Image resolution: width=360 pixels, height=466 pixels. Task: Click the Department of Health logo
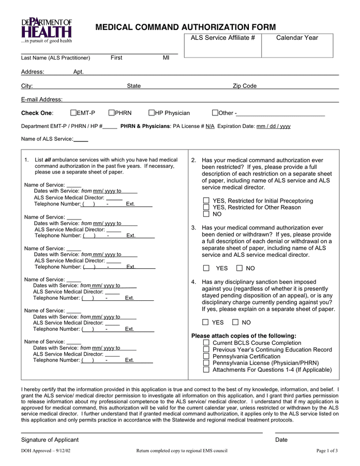tap(47, 30)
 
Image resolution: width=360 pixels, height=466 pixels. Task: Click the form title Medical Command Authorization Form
tap(186, 27)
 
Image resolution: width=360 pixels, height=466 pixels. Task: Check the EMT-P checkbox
tap(73, 113)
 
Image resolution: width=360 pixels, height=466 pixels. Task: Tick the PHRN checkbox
tap(111, 113)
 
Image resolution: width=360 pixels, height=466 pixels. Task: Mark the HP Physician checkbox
tap(152, 113)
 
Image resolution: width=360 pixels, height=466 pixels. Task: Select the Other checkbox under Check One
tap(215, 113)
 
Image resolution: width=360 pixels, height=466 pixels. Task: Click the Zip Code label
tap(245, 86)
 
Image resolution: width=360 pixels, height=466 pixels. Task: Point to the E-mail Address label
tap(41, 99)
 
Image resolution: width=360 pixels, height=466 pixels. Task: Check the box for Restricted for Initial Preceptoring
tap(206, 201)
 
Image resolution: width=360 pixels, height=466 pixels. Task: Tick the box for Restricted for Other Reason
tap(206, 207)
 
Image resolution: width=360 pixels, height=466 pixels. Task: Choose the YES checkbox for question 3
tap(206, 268)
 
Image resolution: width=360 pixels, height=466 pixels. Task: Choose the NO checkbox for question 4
tap(235, 322)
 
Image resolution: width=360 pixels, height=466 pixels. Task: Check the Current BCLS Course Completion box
tap(206, 343)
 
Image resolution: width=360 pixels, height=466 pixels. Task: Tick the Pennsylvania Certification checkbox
tap(206, 356)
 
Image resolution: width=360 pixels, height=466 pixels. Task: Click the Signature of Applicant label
tap(50, 440)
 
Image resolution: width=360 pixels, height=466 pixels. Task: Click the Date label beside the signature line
tap(281, 440)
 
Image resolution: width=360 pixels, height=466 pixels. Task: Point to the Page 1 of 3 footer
tap(327, 451)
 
